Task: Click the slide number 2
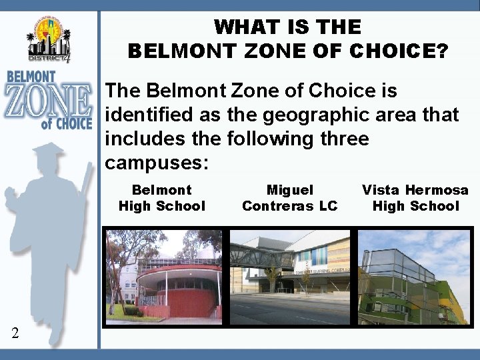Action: (15, 333)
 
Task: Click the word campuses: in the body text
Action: (157, 163)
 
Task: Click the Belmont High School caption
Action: (162, 198)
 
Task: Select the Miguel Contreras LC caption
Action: (289, 198)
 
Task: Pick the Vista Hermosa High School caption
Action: (415, 198)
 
